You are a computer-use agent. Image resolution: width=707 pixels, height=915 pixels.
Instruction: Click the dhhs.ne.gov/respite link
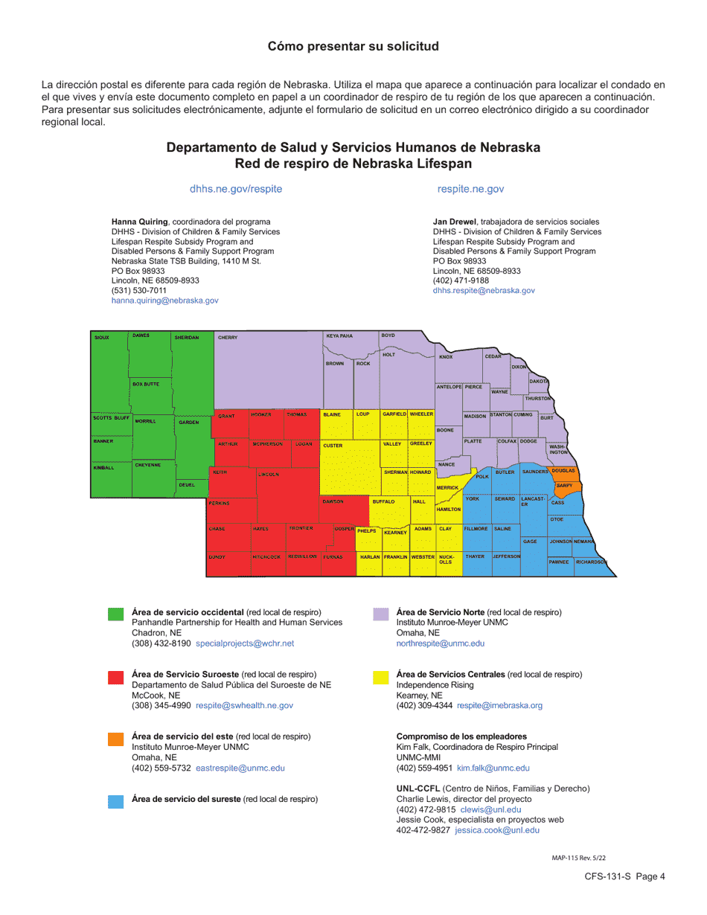click(236, 189)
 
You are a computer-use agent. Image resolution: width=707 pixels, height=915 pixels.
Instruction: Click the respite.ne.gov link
click(470, 189)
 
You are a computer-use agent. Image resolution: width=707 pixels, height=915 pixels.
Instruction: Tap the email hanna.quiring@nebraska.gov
click(164, 301)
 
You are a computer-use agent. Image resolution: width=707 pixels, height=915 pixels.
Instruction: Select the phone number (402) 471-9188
click(461, 280)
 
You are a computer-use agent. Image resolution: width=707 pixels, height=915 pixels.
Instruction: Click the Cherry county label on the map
click(228, 338)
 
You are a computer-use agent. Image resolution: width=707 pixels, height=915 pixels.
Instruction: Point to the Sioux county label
click(101, 338)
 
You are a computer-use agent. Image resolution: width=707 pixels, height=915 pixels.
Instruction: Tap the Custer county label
click(333, 446)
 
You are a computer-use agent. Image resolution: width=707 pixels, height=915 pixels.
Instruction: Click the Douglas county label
click(563, 470)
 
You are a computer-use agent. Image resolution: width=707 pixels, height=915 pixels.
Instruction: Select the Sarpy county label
click(564, 485)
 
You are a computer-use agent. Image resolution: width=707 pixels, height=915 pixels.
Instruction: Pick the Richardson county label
click(591, 562)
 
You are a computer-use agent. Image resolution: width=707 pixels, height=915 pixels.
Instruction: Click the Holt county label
click(388, 355)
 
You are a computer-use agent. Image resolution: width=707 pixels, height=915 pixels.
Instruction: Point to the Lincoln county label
click(269, 474)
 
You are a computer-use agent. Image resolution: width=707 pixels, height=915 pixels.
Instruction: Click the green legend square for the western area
click(115, 614)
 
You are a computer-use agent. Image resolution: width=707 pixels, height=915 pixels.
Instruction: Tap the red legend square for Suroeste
click(115, 677)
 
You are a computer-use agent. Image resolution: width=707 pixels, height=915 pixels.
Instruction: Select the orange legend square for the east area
click(115, 739)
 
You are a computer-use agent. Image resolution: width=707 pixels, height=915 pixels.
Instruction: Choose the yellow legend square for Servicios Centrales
click(380, 677)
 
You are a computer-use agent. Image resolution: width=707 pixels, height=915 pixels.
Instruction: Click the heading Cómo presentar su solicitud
click(353, 46)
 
